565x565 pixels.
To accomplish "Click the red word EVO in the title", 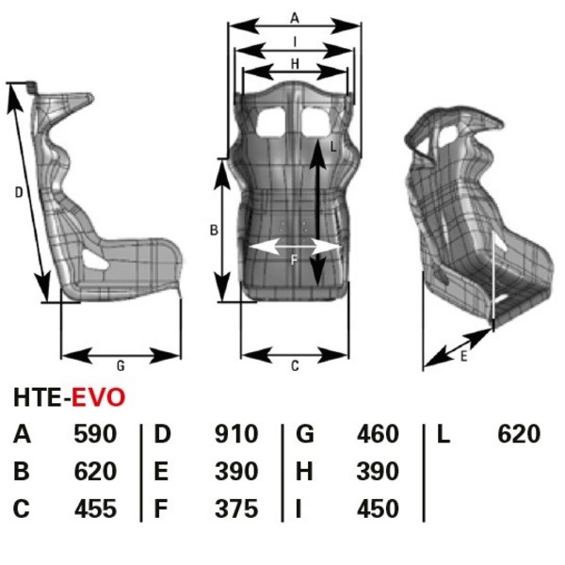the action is coord(98,397).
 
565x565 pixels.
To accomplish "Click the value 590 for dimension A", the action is coord(95,434).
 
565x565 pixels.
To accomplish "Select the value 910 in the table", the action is coord(236,434).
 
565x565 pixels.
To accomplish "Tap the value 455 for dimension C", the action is coord(95,508).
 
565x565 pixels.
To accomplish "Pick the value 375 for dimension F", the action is coord(236,508).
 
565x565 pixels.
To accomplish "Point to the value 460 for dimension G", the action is coord(378,434).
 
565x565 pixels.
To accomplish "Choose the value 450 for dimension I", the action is coord(378,508).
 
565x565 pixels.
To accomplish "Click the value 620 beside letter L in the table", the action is coord(519,434).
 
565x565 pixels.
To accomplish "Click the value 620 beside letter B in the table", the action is coord(95,472).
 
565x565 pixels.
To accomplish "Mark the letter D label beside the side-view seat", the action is coord(19,193).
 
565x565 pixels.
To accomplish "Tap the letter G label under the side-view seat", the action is coord(121,366).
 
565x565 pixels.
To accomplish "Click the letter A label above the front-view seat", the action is coord(295,18).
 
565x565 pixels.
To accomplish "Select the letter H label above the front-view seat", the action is coord(295,64).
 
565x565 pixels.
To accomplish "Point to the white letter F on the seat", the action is coord(294,260).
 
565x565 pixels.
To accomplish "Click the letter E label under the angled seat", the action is coord(463,356).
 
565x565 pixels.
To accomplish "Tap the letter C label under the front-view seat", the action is coord(295,366).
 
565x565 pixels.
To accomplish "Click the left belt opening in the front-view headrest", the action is coord(271,122).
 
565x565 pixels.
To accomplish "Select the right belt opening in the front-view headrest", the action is coord(316,122).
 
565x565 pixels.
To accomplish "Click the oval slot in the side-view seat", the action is coord(95,259).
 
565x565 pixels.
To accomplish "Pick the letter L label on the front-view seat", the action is coord(333,146).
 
